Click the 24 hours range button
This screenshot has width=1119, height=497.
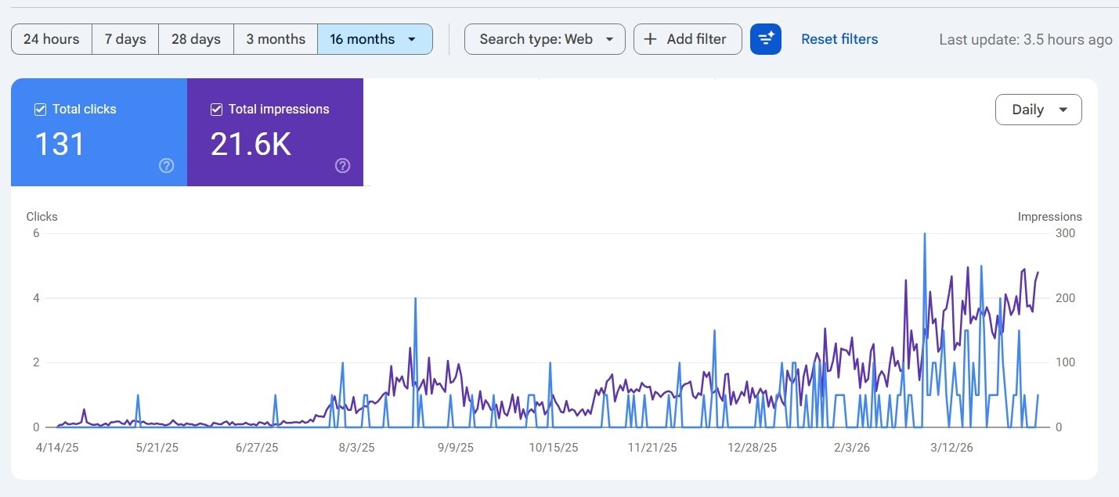[52, 39]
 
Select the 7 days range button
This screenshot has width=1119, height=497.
[125, 39]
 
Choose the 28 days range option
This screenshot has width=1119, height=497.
[196, 39]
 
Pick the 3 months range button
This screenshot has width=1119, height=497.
[276, 39]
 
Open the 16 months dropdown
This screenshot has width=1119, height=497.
[374, 39]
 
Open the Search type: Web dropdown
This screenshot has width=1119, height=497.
[545, 39]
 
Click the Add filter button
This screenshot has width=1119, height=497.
[688, 39]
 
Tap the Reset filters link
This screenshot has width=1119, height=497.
[839, 39]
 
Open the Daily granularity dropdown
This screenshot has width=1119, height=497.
[1038, 110]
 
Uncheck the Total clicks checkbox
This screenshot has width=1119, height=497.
[41, 110]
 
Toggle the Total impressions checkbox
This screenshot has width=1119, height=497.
[217, 110]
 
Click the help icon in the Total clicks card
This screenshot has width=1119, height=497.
[166, 165]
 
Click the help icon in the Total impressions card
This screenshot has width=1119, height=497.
[342, 165]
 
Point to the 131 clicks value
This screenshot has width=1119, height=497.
[60, 144]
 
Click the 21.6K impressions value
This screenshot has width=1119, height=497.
[251, 144]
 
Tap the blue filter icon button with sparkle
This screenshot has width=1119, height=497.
[765, 39]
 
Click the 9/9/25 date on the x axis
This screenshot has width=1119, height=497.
[455, 448]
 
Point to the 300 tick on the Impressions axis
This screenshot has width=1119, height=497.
[1065, 233]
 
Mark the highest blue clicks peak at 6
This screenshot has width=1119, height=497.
[925, 234]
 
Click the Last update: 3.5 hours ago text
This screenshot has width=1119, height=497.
[1025, 39]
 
